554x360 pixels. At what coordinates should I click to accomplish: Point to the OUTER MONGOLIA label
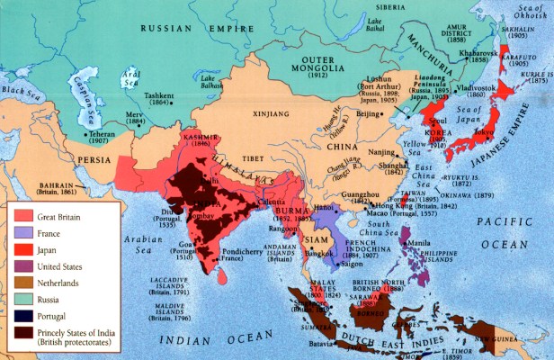click(x=322, y=63)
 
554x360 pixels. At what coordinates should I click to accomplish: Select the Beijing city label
click(x=371, y=115)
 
